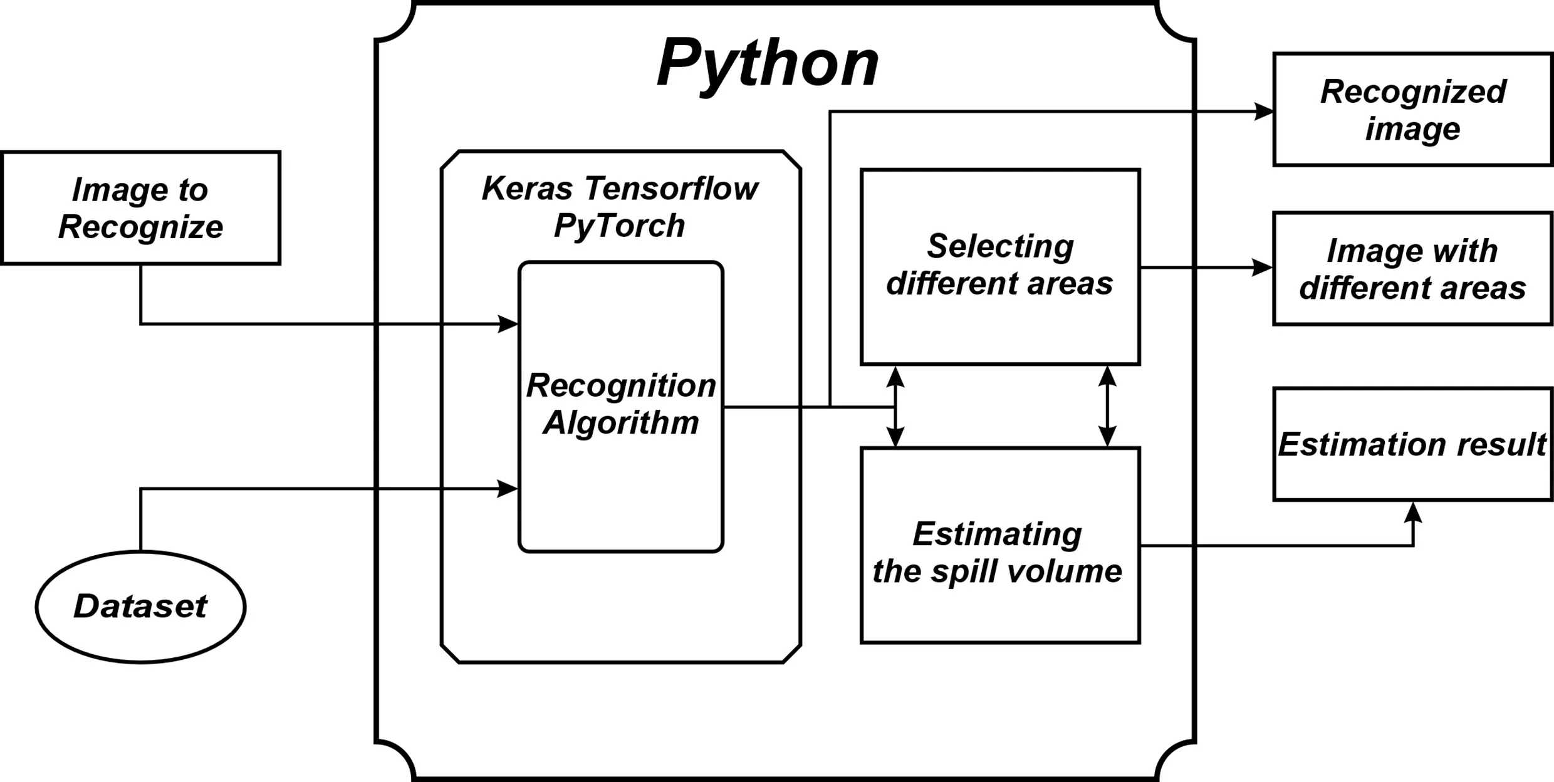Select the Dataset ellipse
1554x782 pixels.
click(x=140, y=607)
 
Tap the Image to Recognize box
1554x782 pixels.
click(x=140, y=208)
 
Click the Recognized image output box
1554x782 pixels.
click(x=1412, y=110)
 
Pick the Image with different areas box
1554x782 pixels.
click(x=1412, y=269)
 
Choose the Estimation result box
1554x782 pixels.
click(x=1412, y=444)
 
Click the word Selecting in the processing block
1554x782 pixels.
click(x=1000, y=246)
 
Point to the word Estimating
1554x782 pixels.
click(x=997, y=534)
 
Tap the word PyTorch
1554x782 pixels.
click(x=619, y=226)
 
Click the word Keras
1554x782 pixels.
click(x=527, y=189)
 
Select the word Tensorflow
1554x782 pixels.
click(x=671, y=189)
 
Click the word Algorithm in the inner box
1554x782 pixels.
click(x=620, y=423)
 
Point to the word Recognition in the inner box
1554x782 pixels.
click(x=620, y=385)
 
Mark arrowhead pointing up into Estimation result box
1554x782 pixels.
click(x=1413, y=513)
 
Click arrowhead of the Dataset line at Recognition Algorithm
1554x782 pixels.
click(x=508, y=488)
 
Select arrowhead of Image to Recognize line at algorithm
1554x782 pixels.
click(x=508, y=324)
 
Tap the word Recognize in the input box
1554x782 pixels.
click(x=140, y=227)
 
